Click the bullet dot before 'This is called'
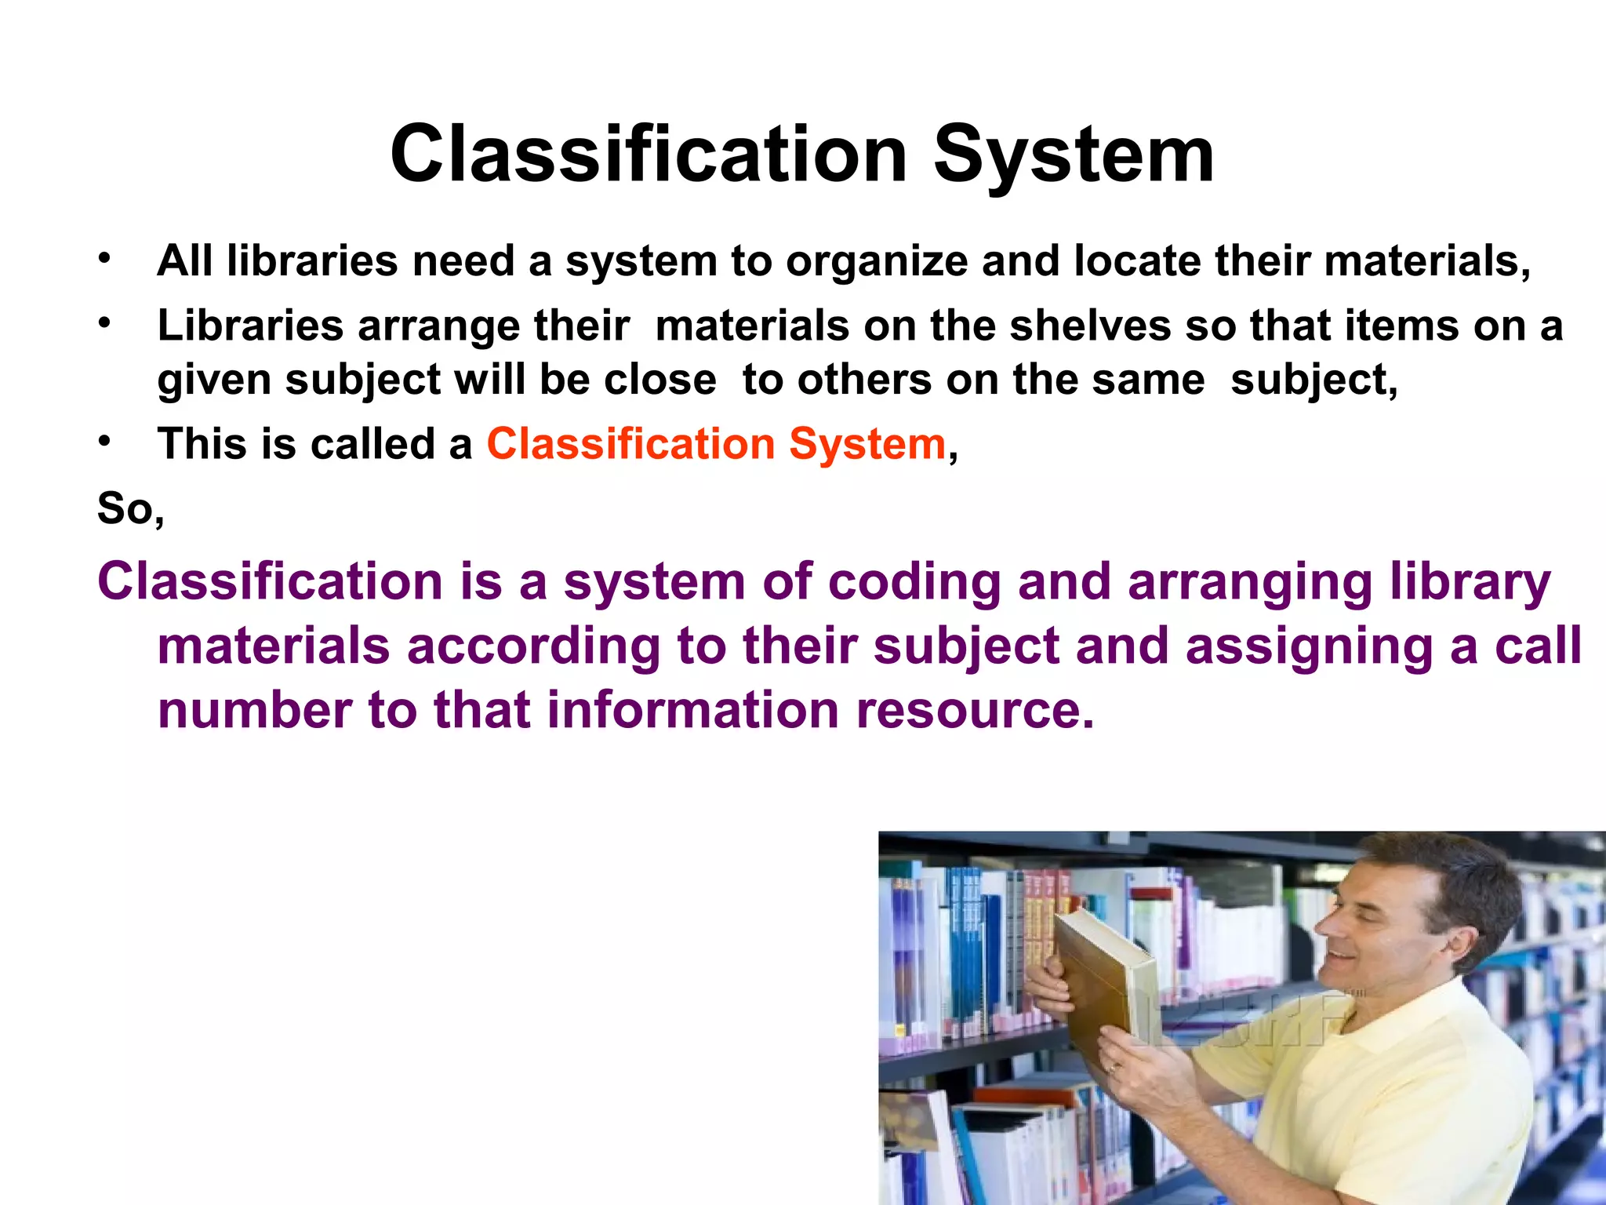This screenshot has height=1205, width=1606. (105, 442)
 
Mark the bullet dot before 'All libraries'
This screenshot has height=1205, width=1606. (105, 258)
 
